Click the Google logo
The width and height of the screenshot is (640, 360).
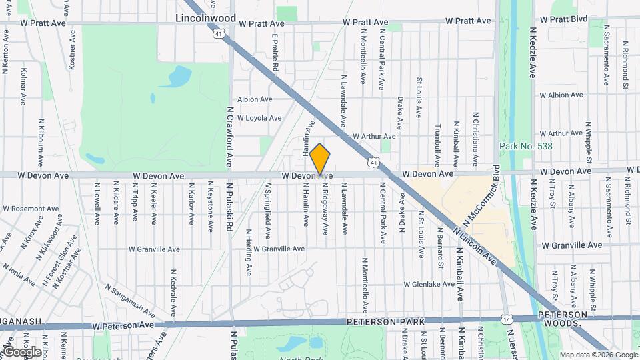point(21,351)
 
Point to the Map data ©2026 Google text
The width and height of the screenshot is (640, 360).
point(598,355)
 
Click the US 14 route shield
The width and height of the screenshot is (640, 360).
point(508,320)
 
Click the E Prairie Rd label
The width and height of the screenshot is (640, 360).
point(274,54)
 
